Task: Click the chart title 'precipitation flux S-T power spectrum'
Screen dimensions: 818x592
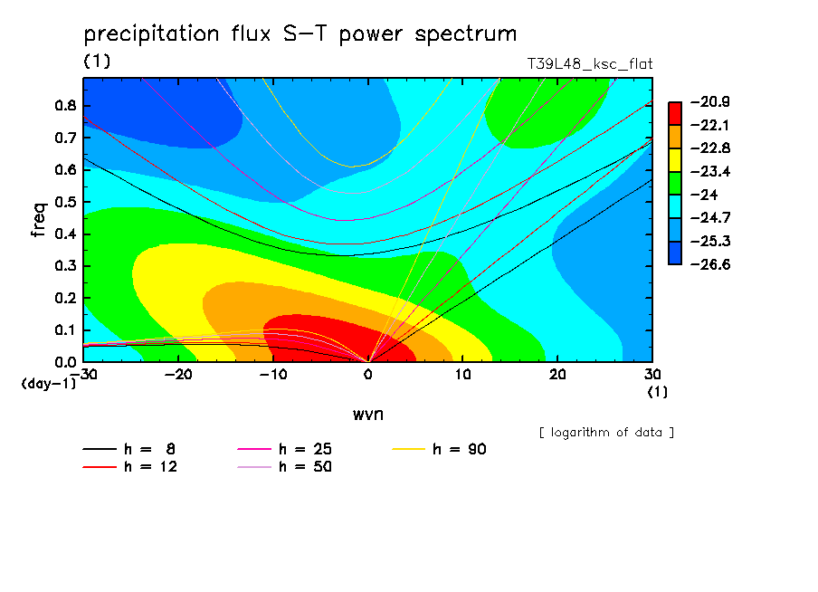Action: [300, 34]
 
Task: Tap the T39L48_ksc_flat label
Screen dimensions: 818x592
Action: [589, 64]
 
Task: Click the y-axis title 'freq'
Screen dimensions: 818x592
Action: [39, 220]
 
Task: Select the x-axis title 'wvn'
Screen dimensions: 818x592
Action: [367, 415]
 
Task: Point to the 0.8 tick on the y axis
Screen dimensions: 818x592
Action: [65, 105]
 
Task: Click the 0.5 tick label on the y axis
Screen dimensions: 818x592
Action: [65, 202]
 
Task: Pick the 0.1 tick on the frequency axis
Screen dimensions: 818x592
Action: [65, 330]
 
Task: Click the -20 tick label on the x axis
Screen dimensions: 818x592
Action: [178, 375]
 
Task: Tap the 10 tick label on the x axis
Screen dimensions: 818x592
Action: [462, 375]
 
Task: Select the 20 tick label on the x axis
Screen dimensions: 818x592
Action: [557, 375]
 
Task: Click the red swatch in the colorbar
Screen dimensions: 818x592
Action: [674, 113]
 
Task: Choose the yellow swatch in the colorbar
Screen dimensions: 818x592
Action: [674, 159]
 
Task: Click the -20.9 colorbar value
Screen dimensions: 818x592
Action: [710, 101]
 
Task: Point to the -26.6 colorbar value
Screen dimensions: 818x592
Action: [710, 264]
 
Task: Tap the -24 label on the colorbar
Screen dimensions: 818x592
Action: [705, 195]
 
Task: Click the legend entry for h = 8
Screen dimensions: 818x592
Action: [128, 449]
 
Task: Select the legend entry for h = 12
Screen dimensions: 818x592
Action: [130, 466]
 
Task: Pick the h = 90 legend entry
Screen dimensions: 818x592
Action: [439, 449]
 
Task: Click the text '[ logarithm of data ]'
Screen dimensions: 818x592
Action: [606, 433]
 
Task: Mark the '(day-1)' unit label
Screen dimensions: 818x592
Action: [49, 384]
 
